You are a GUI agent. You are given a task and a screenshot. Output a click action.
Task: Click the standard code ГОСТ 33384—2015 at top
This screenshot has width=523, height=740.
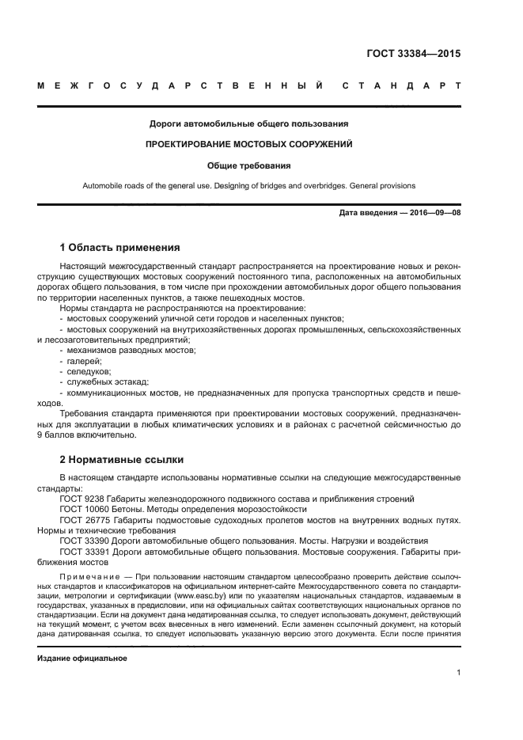tap(413, 55)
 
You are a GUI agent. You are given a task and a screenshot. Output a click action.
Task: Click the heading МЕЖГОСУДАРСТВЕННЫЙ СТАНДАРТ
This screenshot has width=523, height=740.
tap(249, 85)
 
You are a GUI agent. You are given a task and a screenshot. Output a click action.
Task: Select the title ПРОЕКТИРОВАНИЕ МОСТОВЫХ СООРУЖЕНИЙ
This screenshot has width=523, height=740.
tap(249, 145)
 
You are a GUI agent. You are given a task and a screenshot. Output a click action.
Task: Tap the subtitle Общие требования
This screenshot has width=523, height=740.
tap(249, 166)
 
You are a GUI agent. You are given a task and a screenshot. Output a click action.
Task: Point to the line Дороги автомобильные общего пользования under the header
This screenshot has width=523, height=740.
tap(249, 123)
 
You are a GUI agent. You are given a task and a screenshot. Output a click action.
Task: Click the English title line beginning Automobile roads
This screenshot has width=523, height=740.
tap(249, 186)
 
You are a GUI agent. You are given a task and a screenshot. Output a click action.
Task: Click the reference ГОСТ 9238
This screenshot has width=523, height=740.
tap(82, 499)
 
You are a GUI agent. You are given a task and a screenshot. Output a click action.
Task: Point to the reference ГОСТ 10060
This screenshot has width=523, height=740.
tap(85, 510)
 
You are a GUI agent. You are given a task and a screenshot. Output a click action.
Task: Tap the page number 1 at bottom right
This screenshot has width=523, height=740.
tap(458, 673)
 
